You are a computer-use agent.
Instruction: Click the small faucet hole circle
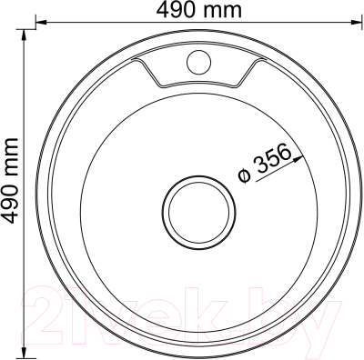[x=198, y=62]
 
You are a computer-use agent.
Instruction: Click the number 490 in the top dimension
[x=176, y=10]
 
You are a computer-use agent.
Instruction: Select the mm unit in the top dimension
[x=221, y=12]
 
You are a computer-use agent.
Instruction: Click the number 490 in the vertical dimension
[x=10, y=203]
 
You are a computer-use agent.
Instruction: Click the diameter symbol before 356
[x=244, y=176]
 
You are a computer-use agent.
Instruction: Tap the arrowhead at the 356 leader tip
[x=298, y=158]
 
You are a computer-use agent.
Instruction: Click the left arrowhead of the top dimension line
[x=41, y=22]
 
